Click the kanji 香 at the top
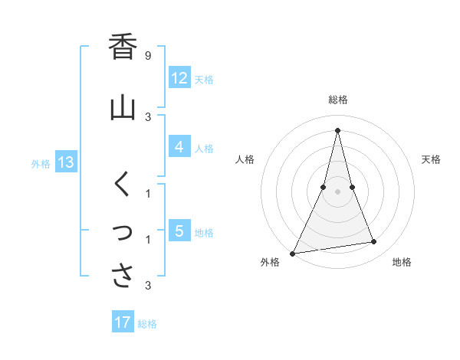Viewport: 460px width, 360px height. [x=123, y=47]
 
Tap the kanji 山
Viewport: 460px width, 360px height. [x=123, y=106]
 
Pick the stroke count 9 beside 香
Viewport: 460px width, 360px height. [x=147, y=56]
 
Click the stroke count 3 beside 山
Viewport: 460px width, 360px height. [x=147, y=116]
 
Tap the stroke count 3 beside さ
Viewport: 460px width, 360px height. [x=147, y=286]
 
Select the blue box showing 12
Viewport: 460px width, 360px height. [x=179, y=78]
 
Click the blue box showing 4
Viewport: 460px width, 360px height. [x=179, y=147]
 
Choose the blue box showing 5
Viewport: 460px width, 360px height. [x=179, y=231]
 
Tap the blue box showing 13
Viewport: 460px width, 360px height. [x=65, y=162]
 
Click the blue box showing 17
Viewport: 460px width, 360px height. [x=123, y=322]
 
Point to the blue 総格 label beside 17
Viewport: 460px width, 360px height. [x=147, y=324]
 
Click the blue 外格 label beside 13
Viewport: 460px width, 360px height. [x=41, y=163]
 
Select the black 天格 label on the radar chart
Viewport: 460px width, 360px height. [x=432, y=159]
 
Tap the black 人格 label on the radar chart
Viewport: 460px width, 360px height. [x=245, y=159]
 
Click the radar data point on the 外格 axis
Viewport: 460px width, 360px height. [x=292, y=253]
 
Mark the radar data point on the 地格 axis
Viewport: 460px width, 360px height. [x=374, y=242]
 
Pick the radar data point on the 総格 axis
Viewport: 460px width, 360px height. [x=337, y=130]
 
